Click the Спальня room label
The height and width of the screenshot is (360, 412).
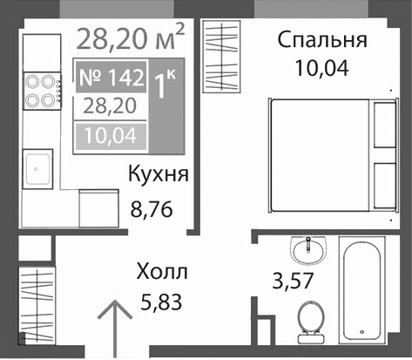click(322, 40)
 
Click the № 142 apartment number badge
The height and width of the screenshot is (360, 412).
click(110, 78)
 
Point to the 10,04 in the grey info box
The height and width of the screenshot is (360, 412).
click(110, 135)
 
